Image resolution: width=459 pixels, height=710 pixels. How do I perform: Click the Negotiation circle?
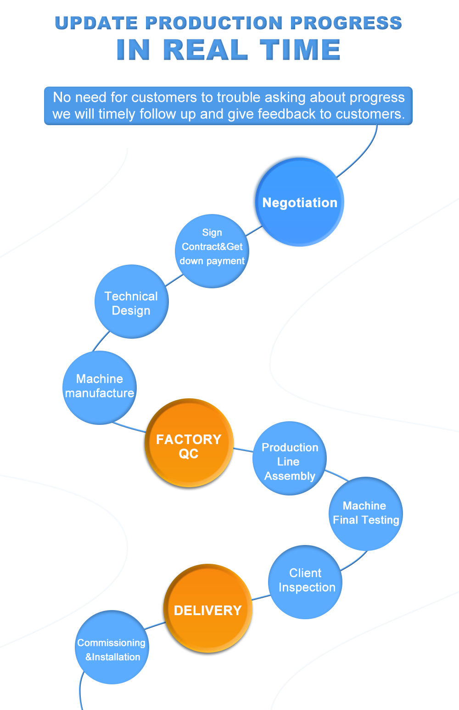pyautogui.click(x=300, y=202)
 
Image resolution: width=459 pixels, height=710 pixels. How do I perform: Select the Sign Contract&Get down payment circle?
pyautogui.click(x=212, y=251)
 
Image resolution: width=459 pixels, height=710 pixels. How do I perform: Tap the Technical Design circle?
pyautogui.click(x=132, y=302)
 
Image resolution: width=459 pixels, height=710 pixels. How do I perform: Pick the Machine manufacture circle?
pyautogui.click(x=100, y=387)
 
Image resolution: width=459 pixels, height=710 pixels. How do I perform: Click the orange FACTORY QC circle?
pyautogui.click(x=189, y=443)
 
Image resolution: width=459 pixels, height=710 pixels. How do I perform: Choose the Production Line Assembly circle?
pyautogui.click(x=290, y=458)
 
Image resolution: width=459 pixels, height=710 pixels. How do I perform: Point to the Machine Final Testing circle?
pyautogui.click(x=366, y=513)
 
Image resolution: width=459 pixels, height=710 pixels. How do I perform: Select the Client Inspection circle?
pyautogui.click(x=305, y=582)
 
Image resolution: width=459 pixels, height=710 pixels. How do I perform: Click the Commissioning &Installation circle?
pyautogui.click(x=112, y=647)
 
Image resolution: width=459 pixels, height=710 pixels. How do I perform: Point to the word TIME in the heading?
pyautogui.click(x=300, y=50)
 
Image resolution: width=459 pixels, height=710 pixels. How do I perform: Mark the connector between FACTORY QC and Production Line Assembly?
pyautogui.click(x=243, y=450)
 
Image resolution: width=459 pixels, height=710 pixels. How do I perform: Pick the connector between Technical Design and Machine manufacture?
pyautogui.click(x=101, y=341)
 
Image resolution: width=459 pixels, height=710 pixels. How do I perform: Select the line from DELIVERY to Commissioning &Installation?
pyautogui.click(x=155, y=625)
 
